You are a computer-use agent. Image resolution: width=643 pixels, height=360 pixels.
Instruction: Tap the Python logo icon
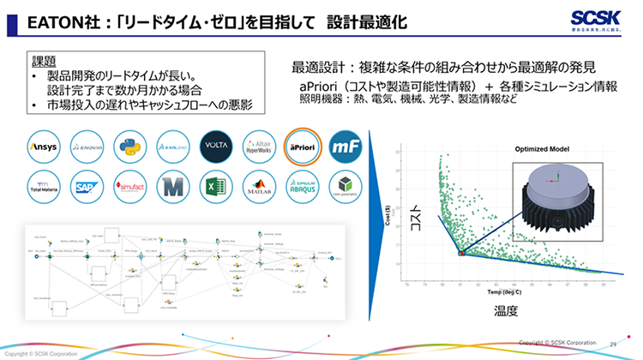129,147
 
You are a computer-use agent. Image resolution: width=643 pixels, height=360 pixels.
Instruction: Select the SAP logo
86,187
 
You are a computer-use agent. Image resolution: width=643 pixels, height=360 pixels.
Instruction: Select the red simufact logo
129,187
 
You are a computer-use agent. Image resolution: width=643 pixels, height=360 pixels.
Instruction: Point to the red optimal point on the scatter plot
460,254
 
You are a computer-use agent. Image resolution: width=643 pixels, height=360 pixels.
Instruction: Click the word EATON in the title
47,19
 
